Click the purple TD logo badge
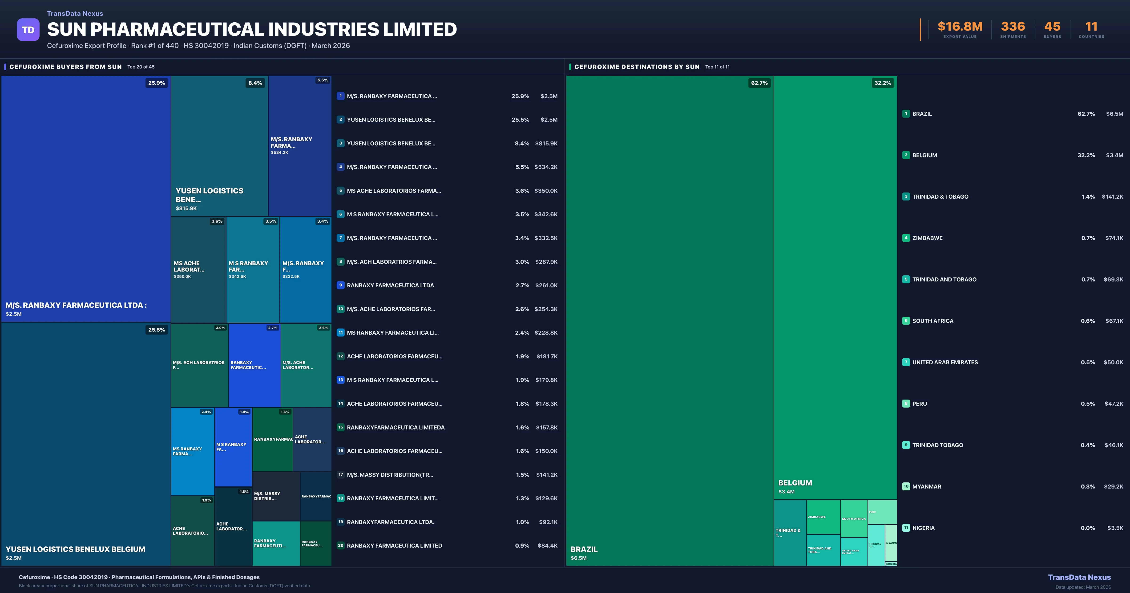28,30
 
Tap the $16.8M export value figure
960,27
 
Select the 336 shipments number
1013,27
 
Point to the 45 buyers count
1052,27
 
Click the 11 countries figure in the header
1091,27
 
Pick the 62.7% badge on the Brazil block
759,83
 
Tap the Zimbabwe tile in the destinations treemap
823,517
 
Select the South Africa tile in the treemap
854,518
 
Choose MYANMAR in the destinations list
926,486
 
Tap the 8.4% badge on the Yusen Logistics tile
255,83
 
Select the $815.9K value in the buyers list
546,143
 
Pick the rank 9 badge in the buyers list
340,285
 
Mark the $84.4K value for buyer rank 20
547,546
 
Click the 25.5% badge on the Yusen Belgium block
157,330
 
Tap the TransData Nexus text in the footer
1079,577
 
